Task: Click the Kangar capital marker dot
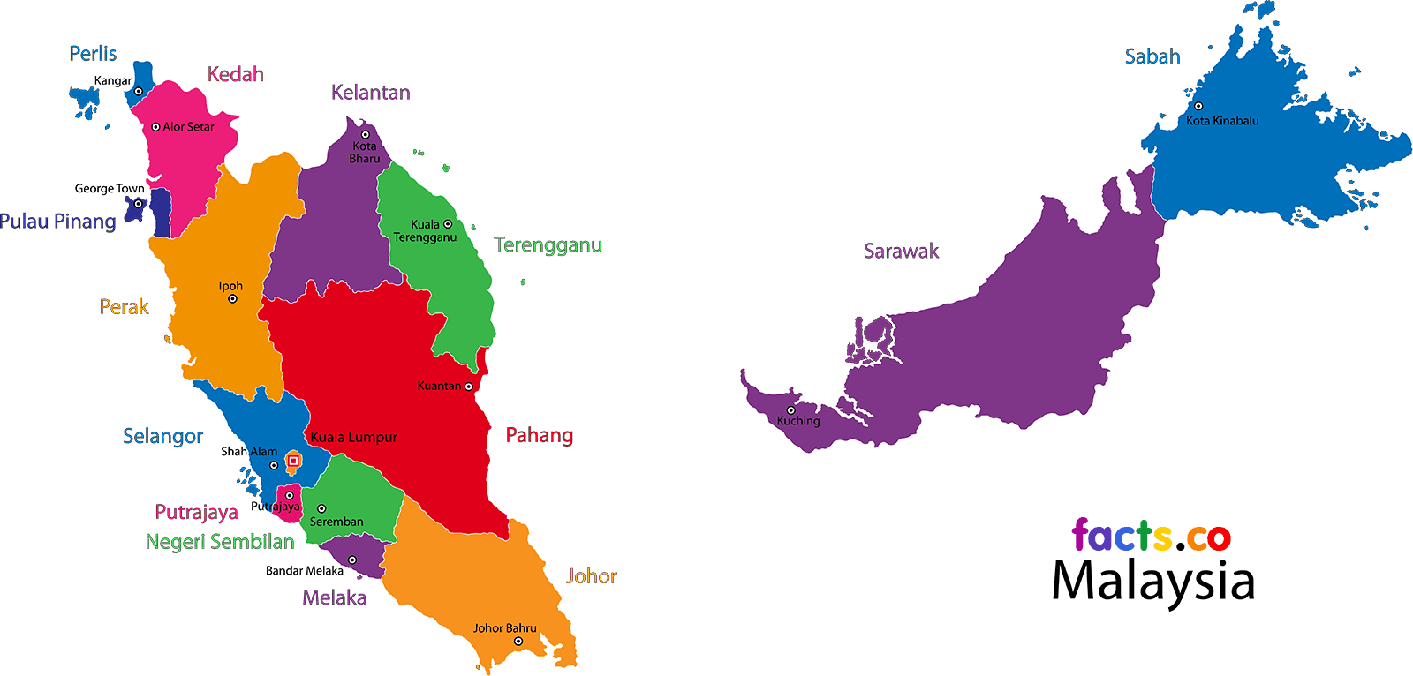[x=139, y=91]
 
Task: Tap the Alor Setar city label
[x=188, y=127]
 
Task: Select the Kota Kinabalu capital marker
[x=1198, y=106]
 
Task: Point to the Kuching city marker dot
[x=791, y=409]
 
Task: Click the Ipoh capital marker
[x=232, y=299]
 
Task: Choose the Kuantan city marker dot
[x=469, y=387]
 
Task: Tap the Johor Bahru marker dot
[x=518, y=642]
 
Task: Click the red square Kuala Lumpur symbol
[x=293, y=460]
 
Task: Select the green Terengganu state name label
[x=548, y=245]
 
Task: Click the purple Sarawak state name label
[x=901, y=252]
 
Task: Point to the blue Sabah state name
[x=1152, y=56]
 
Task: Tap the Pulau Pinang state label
[x=58, y=222]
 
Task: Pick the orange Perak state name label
[x=124, y=307]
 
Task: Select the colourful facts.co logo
[x=1151, y=536]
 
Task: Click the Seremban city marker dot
[x=321, y=508]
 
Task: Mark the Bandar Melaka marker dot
[x=351, y=560]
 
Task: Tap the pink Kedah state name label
[x=235, y=75]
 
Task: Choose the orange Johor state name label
[x=591, y=576]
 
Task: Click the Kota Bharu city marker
[x=365, y=135]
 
